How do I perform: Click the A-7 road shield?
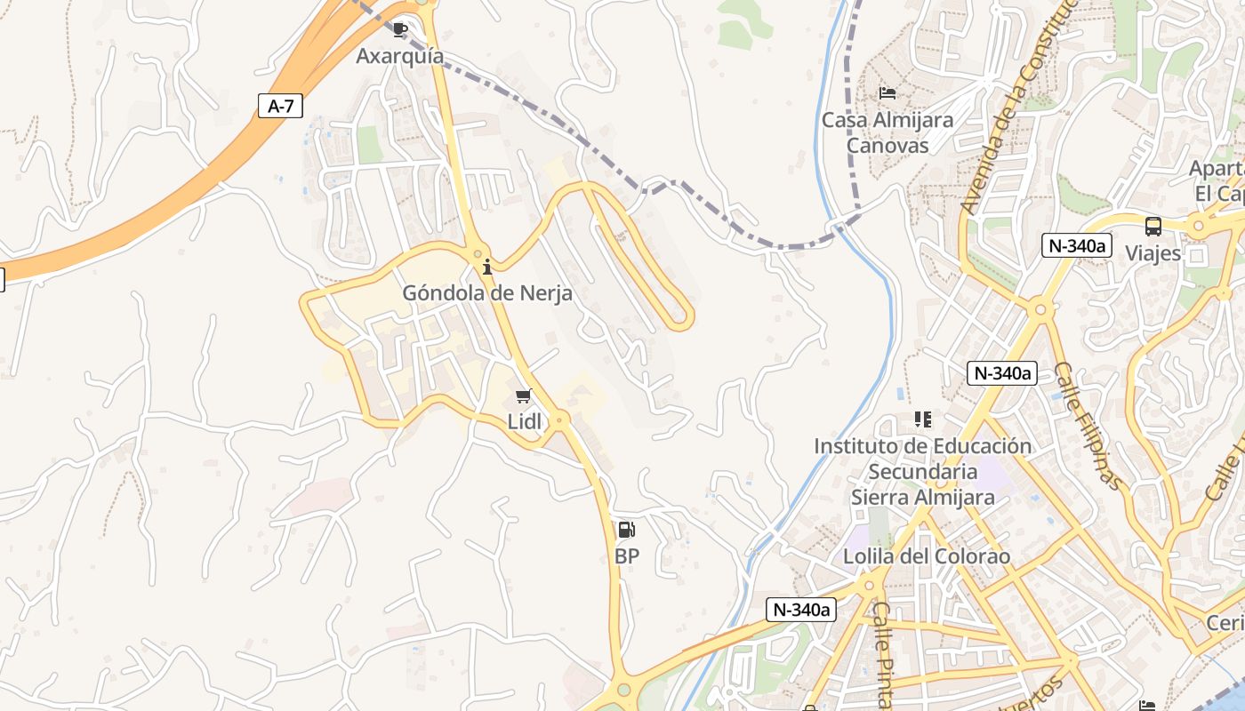coord(280,106)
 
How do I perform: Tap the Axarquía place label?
coord(399,56)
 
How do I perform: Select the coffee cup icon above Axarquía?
coord(400,29)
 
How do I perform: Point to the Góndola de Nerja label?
coord(487,292)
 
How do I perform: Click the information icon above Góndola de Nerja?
coord(487,266)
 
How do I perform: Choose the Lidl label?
coord(524,422)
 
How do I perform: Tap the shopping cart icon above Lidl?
coord(524,395)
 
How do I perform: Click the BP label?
coord(627,556)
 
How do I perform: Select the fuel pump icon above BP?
coord(627,530)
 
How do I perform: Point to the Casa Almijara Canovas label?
coord(887,132)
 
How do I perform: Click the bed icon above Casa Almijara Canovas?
coord(887,92)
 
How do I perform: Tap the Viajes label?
coord(1153,253)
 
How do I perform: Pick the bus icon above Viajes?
coord(1153,226)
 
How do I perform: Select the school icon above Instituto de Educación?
coord(923,419)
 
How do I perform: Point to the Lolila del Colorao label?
coord(927,556)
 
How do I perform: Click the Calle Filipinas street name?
coord(1088,427)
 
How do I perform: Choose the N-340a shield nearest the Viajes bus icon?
coord(1077,245)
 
